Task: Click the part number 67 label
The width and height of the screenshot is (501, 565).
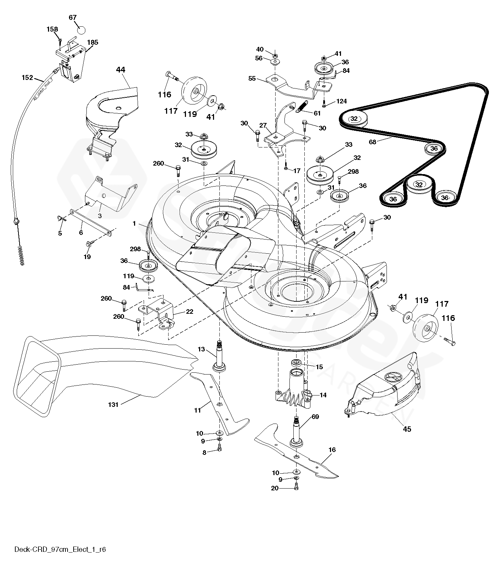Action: pyautogui.click(x=73, y=17)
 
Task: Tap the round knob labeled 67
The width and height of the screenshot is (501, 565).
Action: pyautogui.click(x=81, y=29)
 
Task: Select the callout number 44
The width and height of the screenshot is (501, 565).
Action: pyautogui.click(x=121, y=70)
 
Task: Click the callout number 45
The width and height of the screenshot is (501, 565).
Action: pyautogui.click(x=407, y=429)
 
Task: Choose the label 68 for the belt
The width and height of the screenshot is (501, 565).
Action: pyautogui.click(x=372, y=142)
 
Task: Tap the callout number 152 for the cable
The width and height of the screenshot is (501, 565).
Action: pyautogui.click(x=27, y=77)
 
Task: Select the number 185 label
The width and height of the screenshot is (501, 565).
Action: pyautogui.click(x=93, y=42)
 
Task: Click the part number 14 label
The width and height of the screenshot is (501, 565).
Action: pyautogui.click(x=323, y=395)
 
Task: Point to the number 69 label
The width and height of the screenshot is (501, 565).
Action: pyautogui.click(x=315, y=416)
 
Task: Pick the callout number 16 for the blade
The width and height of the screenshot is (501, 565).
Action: pyautogui.click(x=332, y=450)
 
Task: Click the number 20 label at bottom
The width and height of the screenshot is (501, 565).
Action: pyautogui.click(x=275, y=488)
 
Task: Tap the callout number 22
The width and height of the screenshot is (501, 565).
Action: pyautogui.click(x=190, y=312)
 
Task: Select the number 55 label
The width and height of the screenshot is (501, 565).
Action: pyautogui.click(x=252, y=78)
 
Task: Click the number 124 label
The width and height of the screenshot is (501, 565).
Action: pyautogui.click(x=341, y=102)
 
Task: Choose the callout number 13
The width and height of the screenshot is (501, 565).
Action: pyautogui.click(x=201, y=349)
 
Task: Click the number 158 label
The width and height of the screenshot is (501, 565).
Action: pyautogui.click(x=52, y=29)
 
